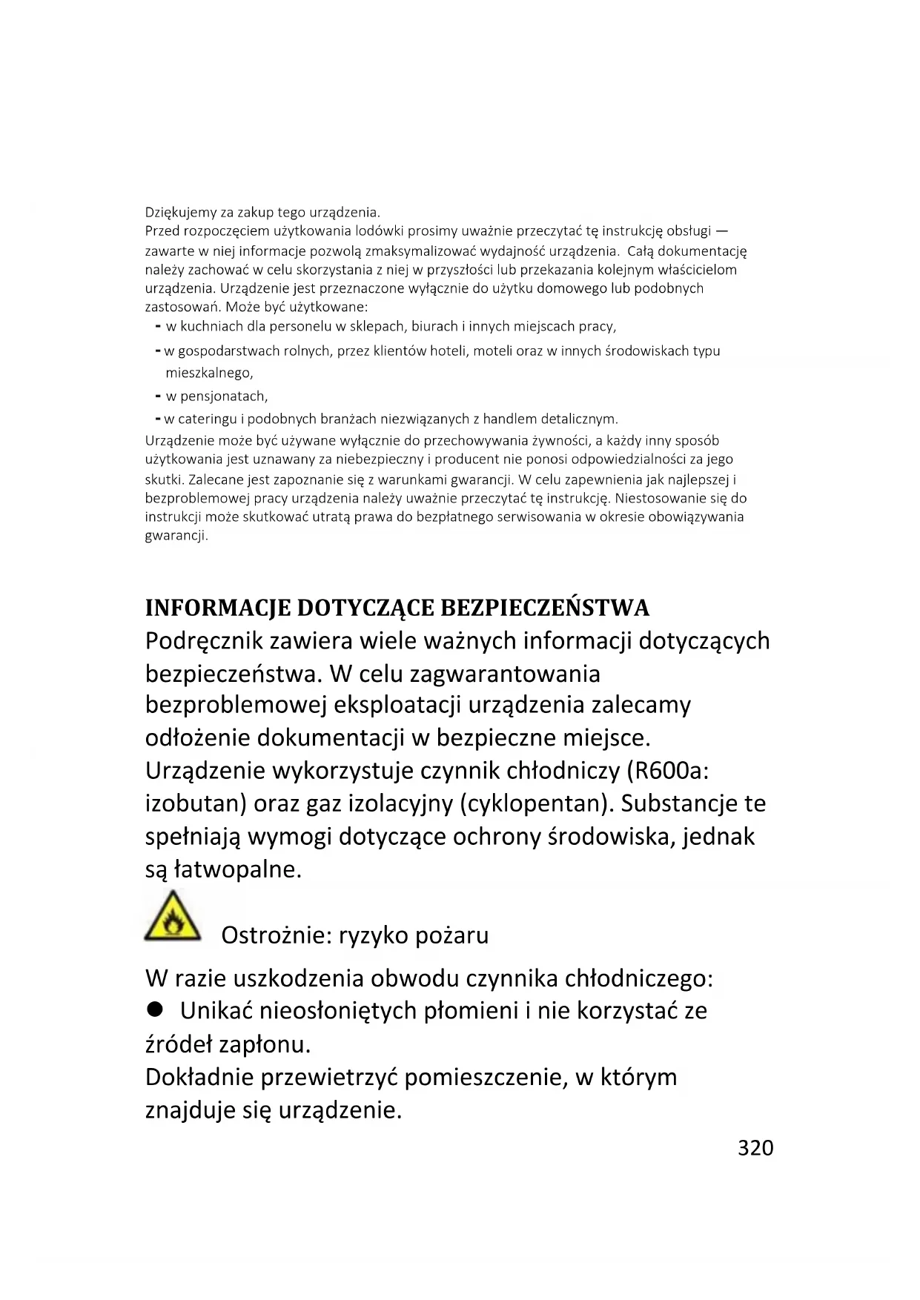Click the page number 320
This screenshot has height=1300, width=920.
click(755, 1147)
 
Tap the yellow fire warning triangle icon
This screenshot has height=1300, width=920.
click(173, 919)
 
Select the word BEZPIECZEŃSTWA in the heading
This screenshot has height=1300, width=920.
click(545, 608)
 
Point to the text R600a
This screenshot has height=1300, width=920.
click(668, 771)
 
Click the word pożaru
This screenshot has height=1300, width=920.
click(451, 935)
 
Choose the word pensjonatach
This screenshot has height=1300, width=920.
click(224, 396)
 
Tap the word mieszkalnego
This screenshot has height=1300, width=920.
click(209, 373)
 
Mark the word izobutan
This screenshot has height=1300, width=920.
click(195, 803)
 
